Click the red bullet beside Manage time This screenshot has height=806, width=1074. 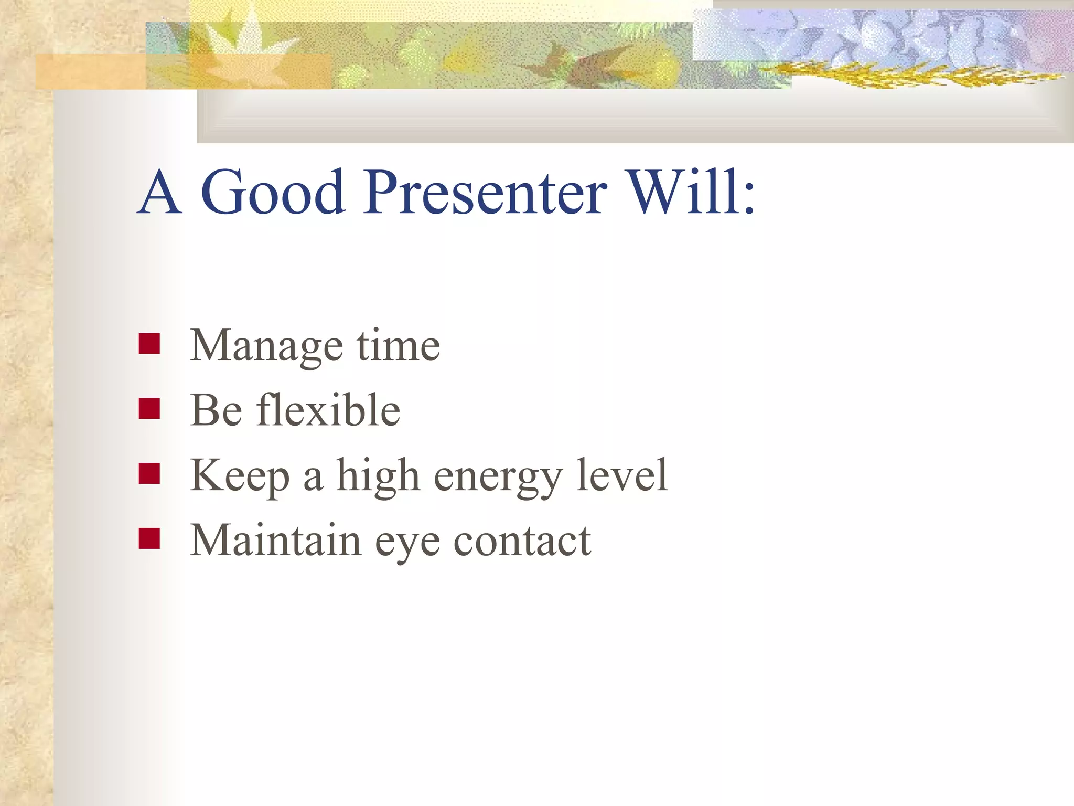149,344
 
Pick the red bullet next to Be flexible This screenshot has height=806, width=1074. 149,409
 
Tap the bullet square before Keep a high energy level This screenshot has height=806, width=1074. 149,474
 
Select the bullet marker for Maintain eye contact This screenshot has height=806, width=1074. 149,538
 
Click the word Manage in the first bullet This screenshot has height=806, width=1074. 266,346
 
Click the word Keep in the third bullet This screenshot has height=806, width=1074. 239,476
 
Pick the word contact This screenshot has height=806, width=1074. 522,541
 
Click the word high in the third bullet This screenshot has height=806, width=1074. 378,476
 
